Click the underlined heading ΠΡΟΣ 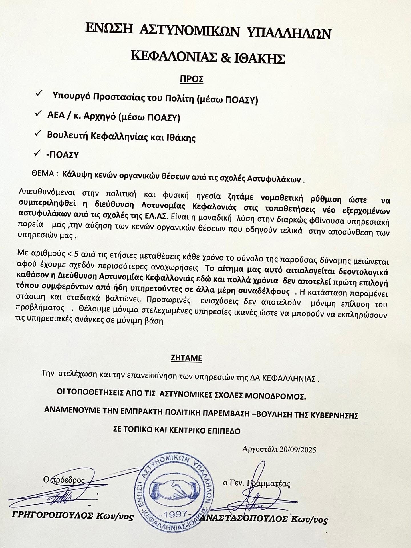click(x=191, y=79)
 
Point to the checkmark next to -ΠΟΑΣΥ click(x=37, y=153)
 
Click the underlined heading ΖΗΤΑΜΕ click(x=186, y=358)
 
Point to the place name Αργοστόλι click(x=260, y=449)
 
